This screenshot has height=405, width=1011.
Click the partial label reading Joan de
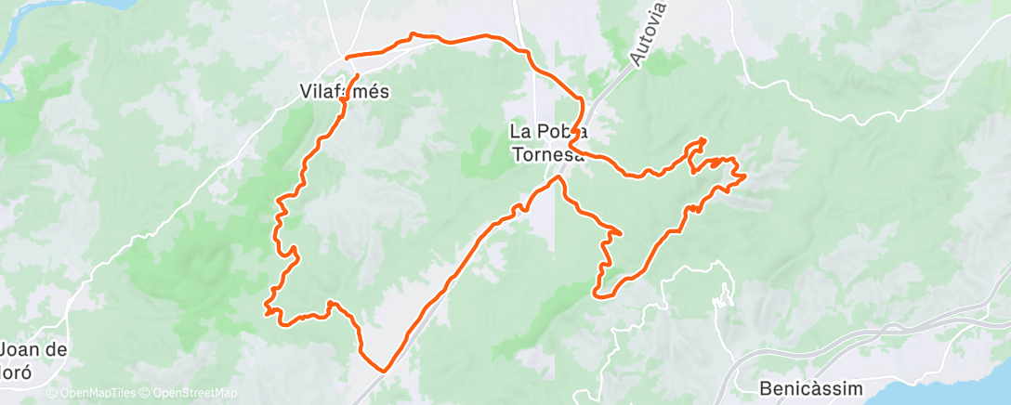(34, 350)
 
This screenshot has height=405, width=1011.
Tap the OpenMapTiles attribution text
(93, 394)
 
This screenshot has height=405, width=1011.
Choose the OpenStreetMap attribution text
(191, 394)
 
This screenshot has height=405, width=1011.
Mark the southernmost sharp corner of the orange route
(382, 370)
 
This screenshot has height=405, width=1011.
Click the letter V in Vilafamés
(305, 92)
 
